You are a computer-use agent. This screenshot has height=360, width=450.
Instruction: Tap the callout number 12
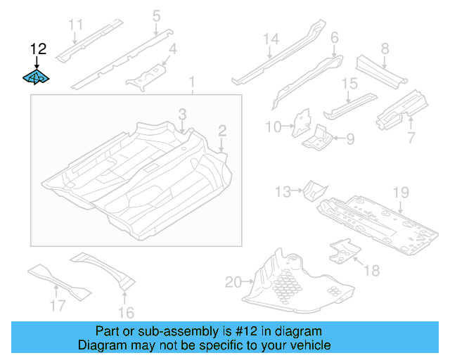(x=38, y=49)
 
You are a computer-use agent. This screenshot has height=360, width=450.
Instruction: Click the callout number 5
(x=156, y=15)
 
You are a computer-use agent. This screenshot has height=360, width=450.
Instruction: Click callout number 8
(x=385, y=49)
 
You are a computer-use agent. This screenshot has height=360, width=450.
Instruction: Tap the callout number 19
(x=401, y=192)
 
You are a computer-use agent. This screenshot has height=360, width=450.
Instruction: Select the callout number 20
(x=233, y=283)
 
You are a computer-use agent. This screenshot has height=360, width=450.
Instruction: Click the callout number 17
(x=58, y=305)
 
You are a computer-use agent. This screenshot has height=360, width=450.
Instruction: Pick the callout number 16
(x=127, y=312)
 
